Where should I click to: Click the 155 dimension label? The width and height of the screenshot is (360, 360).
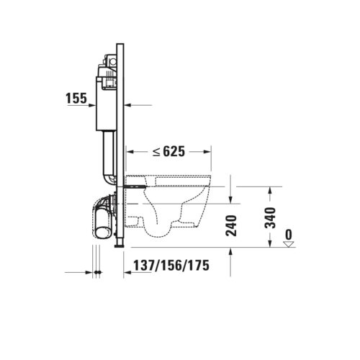point(76,99)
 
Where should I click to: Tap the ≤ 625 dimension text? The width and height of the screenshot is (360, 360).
point(169,151)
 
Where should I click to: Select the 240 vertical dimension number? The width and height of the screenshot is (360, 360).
point(231,225)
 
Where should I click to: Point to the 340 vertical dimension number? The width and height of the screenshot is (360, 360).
point(270,217)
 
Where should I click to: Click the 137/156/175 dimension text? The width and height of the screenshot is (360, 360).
point(171,266)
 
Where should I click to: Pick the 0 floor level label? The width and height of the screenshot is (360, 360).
point(289,235)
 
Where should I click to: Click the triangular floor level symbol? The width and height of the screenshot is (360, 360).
point(289,244)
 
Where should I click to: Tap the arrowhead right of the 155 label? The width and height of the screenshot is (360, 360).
point(92,105)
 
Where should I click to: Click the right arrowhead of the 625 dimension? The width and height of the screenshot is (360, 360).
point(207,151)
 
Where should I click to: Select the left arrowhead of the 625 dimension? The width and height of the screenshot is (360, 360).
point(130,151)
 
